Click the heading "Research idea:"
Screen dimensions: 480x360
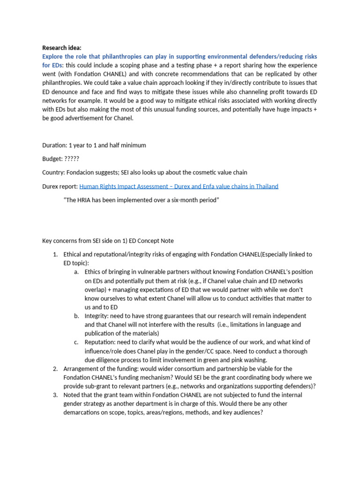click(61, 47)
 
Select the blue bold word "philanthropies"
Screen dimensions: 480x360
click(133, 56)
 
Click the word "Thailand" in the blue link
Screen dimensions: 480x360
click(265, 186)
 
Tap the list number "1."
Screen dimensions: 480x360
click(55, 255)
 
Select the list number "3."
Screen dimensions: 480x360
click(55, 395)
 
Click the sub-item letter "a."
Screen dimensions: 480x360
click(76, 272)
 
